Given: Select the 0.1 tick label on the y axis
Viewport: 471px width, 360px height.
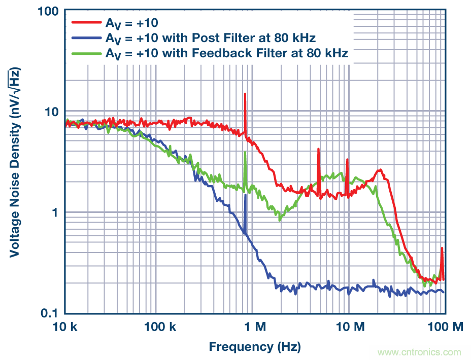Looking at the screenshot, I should tap(48, 313).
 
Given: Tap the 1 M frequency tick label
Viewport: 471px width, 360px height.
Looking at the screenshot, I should tap(252, 328).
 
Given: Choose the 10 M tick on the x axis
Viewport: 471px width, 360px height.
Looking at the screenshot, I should tap(349, 328).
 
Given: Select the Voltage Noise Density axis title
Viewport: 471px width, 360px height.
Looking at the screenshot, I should tap(15, 162).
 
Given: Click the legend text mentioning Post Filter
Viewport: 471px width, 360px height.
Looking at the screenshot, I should tap(210, 38).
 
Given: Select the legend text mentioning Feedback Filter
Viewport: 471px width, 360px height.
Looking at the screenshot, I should tap(226, 53).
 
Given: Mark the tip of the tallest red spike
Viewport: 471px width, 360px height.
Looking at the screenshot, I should tap(245, 94).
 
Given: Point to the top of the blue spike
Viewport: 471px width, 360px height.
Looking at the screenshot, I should tap(245, 195).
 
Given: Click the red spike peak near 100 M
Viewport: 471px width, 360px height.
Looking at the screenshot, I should tap(442, 248).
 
